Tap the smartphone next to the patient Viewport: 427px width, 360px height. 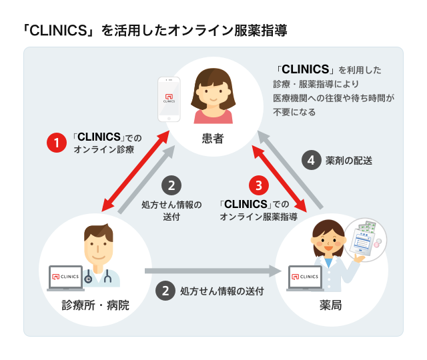[x=169, y=99]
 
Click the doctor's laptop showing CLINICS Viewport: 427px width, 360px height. [x=67, y=278]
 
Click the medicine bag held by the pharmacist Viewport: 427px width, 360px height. [x=368, y=238]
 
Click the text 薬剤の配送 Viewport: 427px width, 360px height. [x=348, y=161]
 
